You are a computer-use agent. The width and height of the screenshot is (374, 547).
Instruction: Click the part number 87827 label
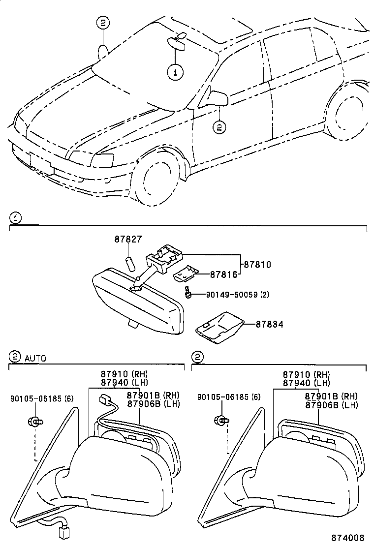(128, 240)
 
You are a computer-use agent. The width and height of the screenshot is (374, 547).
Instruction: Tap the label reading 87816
(224, 274)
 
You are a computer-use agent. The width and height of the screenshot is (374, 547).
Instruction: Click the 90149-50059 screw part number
(230, 295)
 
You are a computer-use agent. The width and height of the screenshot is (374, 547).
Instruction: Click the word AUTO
(35, 359)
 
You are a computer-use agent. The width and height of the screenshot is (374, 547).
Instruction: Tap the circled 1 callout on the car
(175, 72)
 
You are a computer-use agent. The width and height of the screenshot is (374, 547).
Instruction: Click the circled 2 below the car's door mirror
(218, 127)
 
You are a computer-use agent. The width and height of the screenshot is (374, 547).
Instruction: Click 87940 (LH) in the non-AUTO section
(306, 383)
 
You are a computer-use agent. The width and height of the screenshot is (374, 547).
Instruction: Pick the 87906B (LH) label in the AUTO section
(153, 404)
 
